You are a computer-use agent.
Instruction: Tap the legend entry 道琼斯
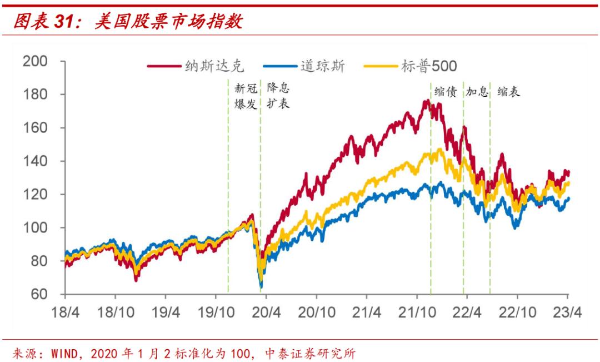click(x=322, y=66)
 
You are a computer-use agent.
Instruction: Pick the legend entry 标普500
click(x=428, y=66)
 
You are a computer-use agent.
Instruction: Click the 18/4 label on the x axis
click(x=66, y=313)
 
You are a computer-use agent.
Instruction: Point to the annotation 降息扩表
click(x=278, y=96)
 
